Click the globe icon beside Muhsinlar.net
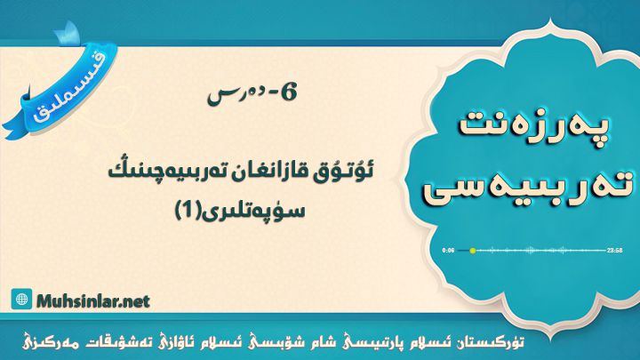click(21, 300)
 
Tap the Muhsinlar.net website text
click(93, 301)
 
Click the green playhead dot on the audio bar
click(473, 250)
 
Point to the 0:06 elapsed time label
click(448, 250)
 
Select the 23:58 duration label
click(614, 250)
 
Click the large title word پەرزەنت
click(535, 125)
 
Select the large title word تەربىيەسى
click(529, 189)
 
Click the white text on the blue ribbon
click(68, 89)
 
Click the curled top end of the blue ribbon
click(68, 34)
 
